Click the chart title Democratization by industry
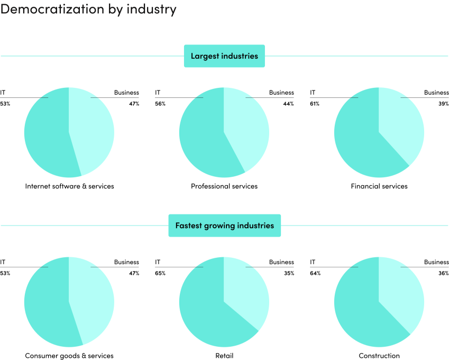click(88, 10)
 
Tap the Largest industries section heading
click(224, 56)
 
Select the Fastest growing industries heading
click(224, 226)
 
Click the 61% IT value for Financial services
click(315, 104)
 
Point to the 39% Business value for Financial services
click(443, 104)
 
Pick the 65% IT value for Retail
click(160, 273)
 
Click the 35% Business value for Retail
click(289, 273)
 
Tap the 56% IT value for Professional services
click(160, 104)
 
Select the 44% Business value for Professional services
click(288, 104)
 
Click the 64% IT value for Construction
click(315, 273)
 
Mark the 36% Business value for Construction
click(443, 273)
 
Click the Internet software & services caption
click(69, 186)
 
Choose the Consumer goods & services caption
click(69, 356)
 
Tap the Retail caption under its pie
click(224, 356)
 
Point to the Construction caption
click(379, 356)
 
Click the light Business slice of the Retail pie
click(246, 291)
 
